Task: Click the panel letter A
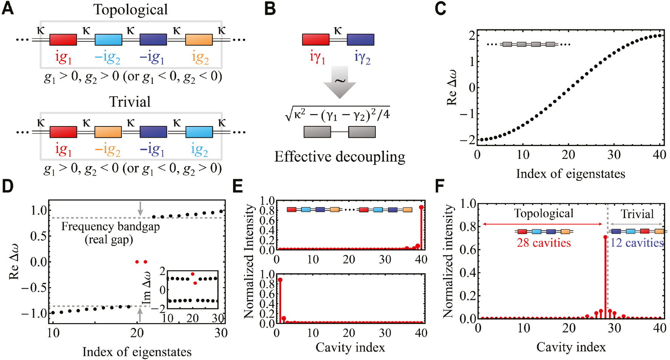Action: coord(8,8)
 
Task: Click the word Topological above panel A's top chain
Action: coord(131,10)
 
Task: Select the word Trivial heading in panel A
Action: coord(130,102)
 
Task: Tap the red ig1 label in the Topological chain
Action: coord(63,57)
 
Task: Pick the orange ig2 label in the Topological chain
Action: coord(200,58)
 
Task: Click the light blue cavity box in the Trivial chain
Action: coord(199,132)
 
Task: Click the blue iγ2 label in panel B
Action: coord(362,57)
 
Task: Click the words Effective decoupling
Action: coord(340,157)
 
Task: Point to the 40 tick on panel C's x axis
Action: coord(659,155)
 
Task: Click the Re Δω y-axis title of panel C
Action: coord(452,88)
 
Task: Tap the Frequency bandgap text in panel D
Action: coord(110,226)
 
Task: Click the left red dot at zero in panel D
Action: coord(137,262)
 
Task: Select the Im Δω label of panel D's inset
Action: coord(147,289)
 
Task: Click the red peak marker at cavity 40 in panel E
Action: coord(421,207)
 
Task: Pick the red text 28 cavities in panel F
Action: coord(544,243)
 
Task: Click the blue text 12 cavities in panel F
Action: coord(637,243)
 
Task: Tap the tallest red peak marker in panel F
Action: coord(605,237)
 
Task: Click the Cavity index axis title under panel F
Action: coord(571,347)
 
